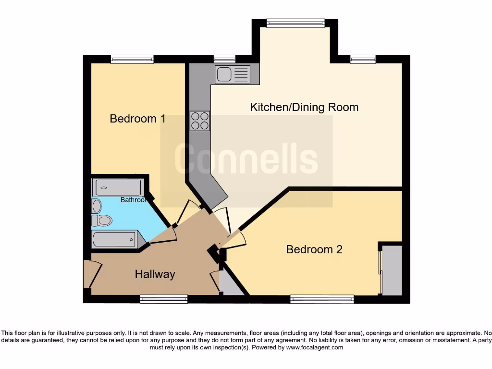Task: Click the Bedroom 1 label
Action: click(138, 118)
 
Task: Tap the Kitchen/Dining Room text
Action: click(304, 107)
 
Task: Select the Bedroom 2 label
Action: click(314, 249)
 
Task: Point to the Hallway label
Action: click(155, 274)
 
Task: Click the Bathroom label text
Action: click(133, 200)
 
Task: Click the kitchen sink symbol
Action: click(233, 74)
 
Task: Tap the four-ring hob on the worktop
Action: click(200, 121)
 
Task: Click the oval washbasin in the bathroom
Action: click(97, 206)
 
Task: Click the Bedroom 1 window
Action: click(132, 59)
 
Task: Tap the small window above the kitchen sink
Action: click(224, 59)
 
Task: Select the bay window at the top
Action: click(295, 23)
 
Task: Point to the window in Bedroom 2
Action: click(322, 299)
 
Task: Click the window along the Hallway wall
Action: click(164, 299)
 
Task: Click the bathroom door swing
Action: click(164, 234)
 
